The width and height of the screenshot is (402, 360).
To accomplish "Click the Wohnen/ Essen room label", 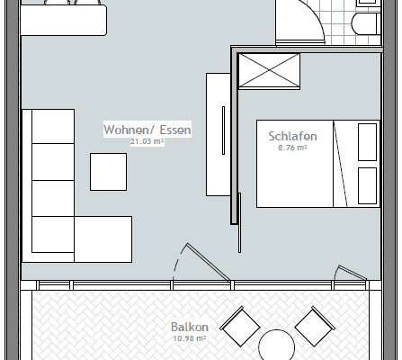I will [148, 130].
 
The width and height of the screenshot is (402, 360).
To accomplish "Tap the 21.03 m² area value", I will [147, 142].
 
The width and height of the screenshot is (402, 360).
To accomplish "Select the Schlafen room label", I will [292, 136].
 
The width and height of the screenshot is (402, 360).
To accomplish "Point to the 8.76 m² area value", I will [292, 147].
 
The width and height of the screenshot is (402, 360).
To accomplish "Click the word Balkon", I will [189, 328].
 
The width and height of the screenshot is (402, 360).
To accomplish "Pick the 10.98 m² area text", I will [189, 338].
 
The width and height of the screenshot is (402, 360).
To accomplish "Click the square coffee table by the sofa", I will [108, 171].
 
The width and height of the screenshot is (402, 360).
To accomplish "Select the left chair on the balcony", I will [240, 327].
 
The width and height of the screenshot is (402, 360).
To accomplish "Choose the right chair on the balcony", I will [315, 325].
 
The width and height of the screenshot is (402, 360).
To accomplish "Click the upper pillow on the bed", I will [368, 141].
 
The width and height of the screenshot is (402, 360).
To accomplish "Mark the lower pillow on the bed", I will [368, 184].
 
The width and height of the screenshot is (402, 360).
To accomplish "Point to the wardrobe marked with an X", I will [267, 71].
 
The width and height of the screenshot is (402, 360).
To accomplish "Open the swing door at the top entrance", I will [297, 22].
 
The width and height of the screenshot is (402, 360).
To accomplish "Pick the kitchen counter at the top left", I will [63, 20].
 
